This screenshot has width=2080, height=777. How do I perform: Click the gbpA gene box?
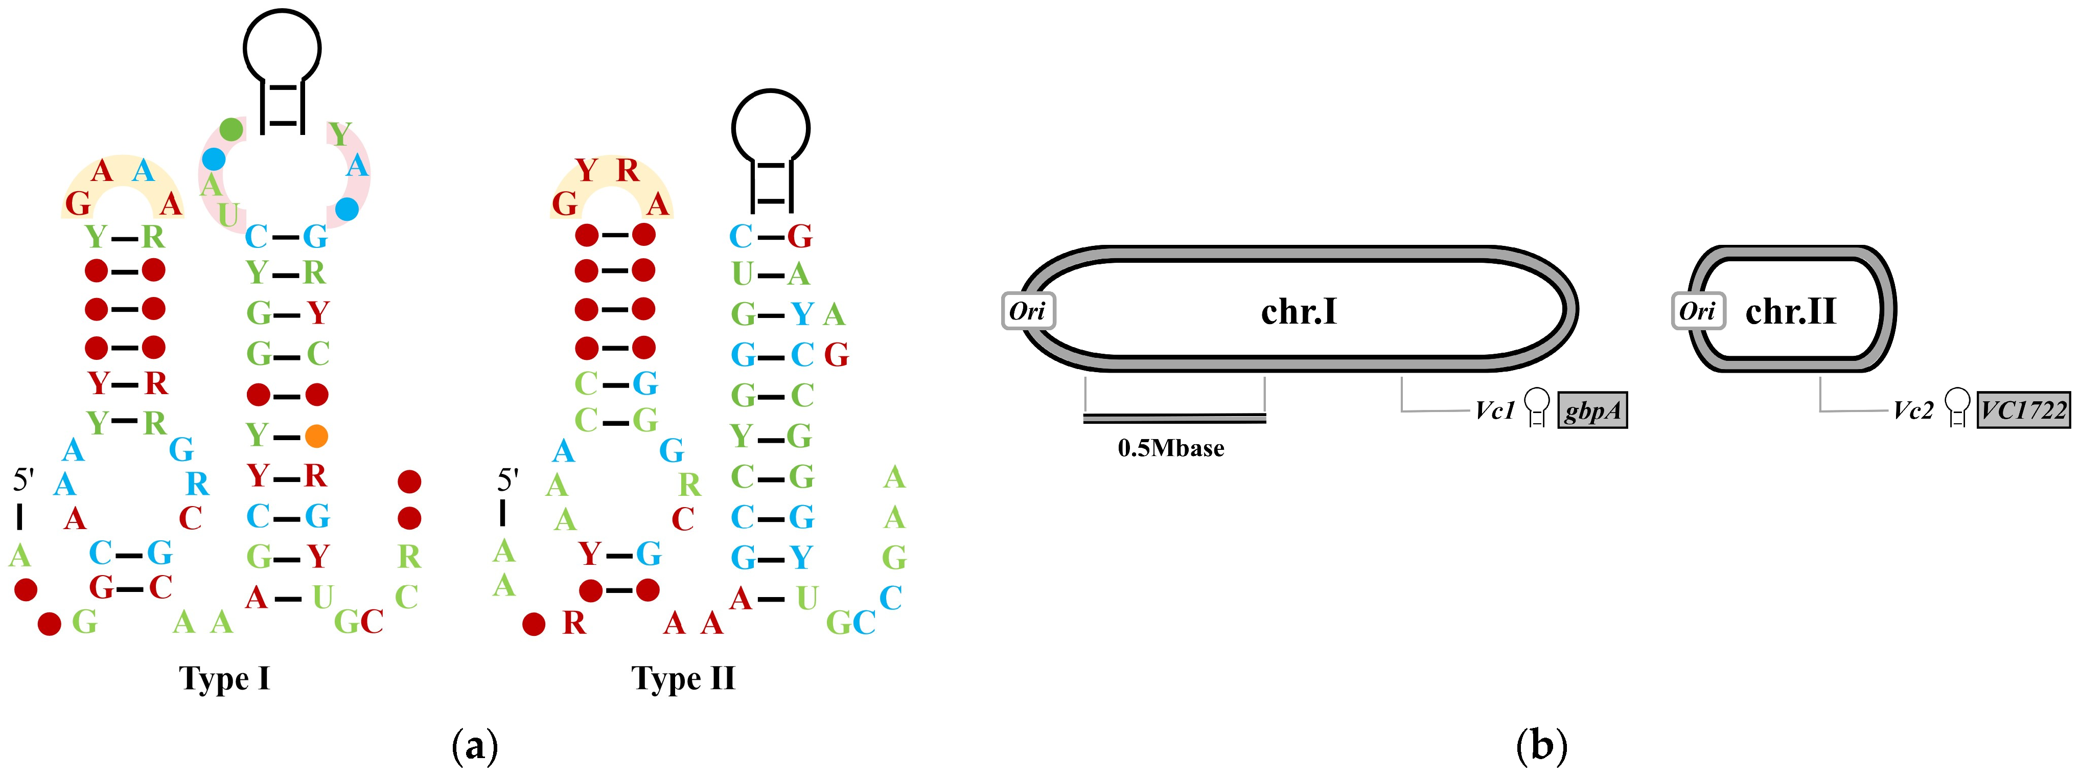(x=1591, y=410)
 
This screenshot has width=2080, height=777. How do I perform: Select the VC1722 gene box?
(x=2023, y=410)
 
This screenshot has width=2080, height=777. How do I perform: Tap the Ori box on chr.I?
(x=1028, y=311)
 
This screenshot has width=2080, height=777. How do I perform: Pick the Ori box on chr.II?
(x=1697, y=311)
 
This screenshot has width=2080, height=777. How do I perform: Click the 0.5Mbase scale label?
(x=1171, y=448)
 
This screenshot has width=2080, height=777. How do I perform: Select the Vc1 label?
(x=1495, y=410)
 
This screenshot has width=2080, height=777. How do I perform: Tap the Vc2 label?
(x=1914, y=410)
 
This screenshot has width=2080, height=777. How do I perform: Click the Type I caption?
(x=224, y=678)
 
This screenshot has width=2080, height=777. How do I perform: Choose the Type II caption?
(x=683, y=678)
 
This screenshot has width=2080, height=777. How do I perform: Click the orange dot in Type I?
(x=316, y=436)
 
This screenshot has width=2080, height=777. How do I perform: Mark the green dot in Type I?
(x=232, y=128)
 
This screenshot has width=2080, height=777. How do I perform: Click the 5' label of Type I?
(x=22, y=480)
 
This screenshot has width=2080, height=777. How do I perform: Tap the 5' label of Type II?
(x=507, y=480)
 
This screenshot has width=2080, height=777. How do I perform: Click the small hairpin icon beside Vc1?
(x=1537, y=407)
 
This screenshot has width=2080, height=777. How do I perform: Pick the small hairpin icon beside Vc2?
(x=1956, y=406)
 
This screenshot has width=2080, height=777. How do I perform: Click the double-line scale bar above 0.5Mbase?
(x=1175, y=418)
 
